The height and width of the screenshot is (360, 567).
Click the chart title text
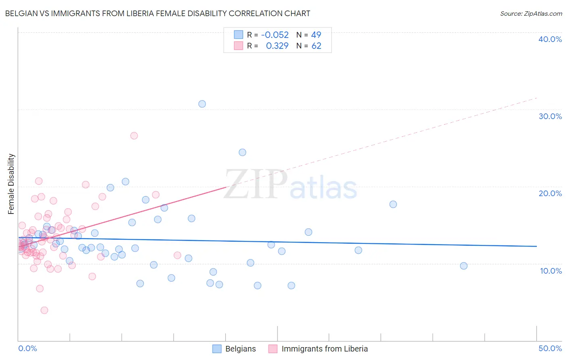[x=158, y=13]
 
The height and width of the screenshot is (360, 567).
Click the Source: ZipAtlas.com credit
[x=531, y=14]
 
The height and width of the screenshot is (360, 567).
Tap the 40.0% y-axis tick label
[x=550, y=39]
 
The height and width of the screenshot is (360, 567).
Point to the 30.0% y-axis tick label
[x=550, y=116]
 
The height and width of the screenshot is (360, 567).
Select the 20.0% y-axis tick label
[x=550, y=193]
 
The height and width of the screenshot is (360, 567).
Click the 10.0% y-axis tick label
[x=551, y=271]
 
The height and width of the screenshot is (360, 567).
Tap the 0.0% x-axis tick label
[x=28, y=348]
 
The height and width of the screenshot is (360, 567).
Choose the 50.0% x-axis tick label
[x=550, y=348]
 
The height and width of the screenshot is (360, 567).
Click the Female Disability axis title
[x=11, y=184]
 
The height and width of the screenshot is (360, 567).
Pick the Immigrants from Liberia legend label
[x=325, y=349]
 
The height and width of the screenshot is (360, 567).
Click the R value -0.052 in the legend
[x=275, y=35]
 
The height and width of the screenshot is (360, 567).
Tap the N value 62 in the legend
[x=316, y=46]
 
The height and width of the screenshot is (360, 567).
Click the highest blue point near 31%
[x=202, y=104]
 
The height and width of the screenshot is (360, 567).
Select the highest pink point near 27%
[x=134, y=136]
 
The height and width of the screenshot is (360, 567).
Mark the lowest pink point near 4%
[x=44, y=310]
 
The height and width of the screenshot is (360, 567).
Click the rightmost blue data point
[x=464, y=266]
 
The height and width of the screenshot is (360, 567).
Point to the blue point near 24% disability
[x=242, y=152]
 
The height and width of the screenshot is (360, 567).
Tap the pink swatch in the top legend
[x=239, y=46]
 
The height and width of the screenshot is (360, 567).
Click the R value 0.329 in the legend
[x=277, y=46]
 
